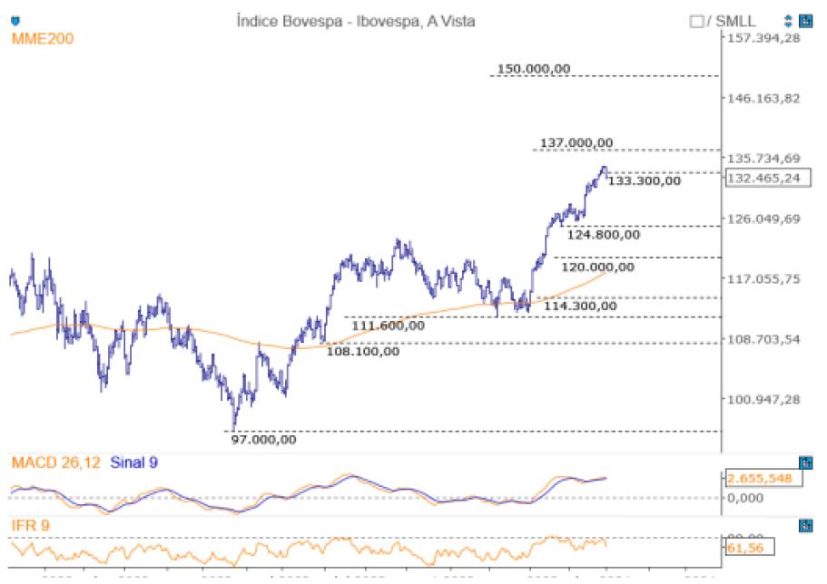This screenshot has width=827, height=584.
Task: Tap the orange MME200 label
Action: [43, 38]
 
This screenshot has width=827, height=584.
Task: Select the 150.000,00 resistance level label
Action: [535, 69]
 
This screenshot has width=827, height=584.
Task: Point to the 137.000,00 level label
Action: [576, 142]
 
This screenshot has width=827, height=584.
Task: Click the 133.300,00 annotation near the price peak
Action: [644, 180]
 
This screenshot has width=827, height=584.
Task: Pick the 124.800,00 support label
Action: [604, 234]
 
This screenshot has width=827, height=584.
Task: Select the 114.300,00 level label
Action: [580, 306]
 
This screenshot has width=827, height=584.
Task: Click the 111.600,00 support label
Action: [388, 325]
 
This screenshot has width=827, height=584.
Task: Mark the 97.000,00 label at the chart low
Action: [263, 440]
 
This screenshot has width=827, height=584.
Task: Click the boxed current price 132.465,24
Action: [763, 178]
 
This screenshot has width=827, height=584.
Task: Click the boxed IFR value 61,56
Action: [743, 548]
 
